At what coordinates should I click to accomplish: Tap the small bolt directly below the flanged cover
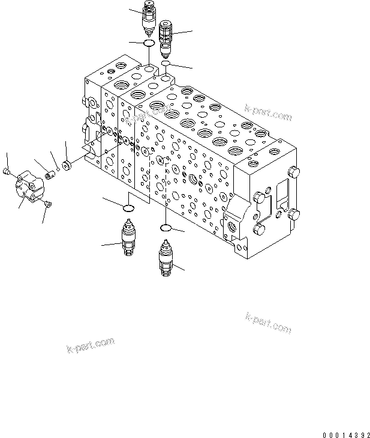tap(48, 206)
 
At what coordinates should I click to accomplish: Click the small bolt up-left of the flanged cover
tap(5, 172)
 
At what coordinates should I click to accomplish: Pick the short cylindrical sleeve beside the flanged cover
tap(50, 175)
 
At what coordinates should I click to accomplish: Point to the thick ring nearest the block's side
tap(67, 165)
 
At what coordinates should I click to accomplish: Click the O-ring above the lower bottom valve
tap(167, 227)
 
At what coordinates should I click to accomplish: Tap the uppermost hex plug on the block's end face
tap(293, 173)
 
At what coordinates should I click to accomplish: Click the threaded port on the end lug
tap(232, 228)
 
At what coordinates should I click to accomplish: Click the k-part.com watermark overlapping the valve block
tap(267, 112)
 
